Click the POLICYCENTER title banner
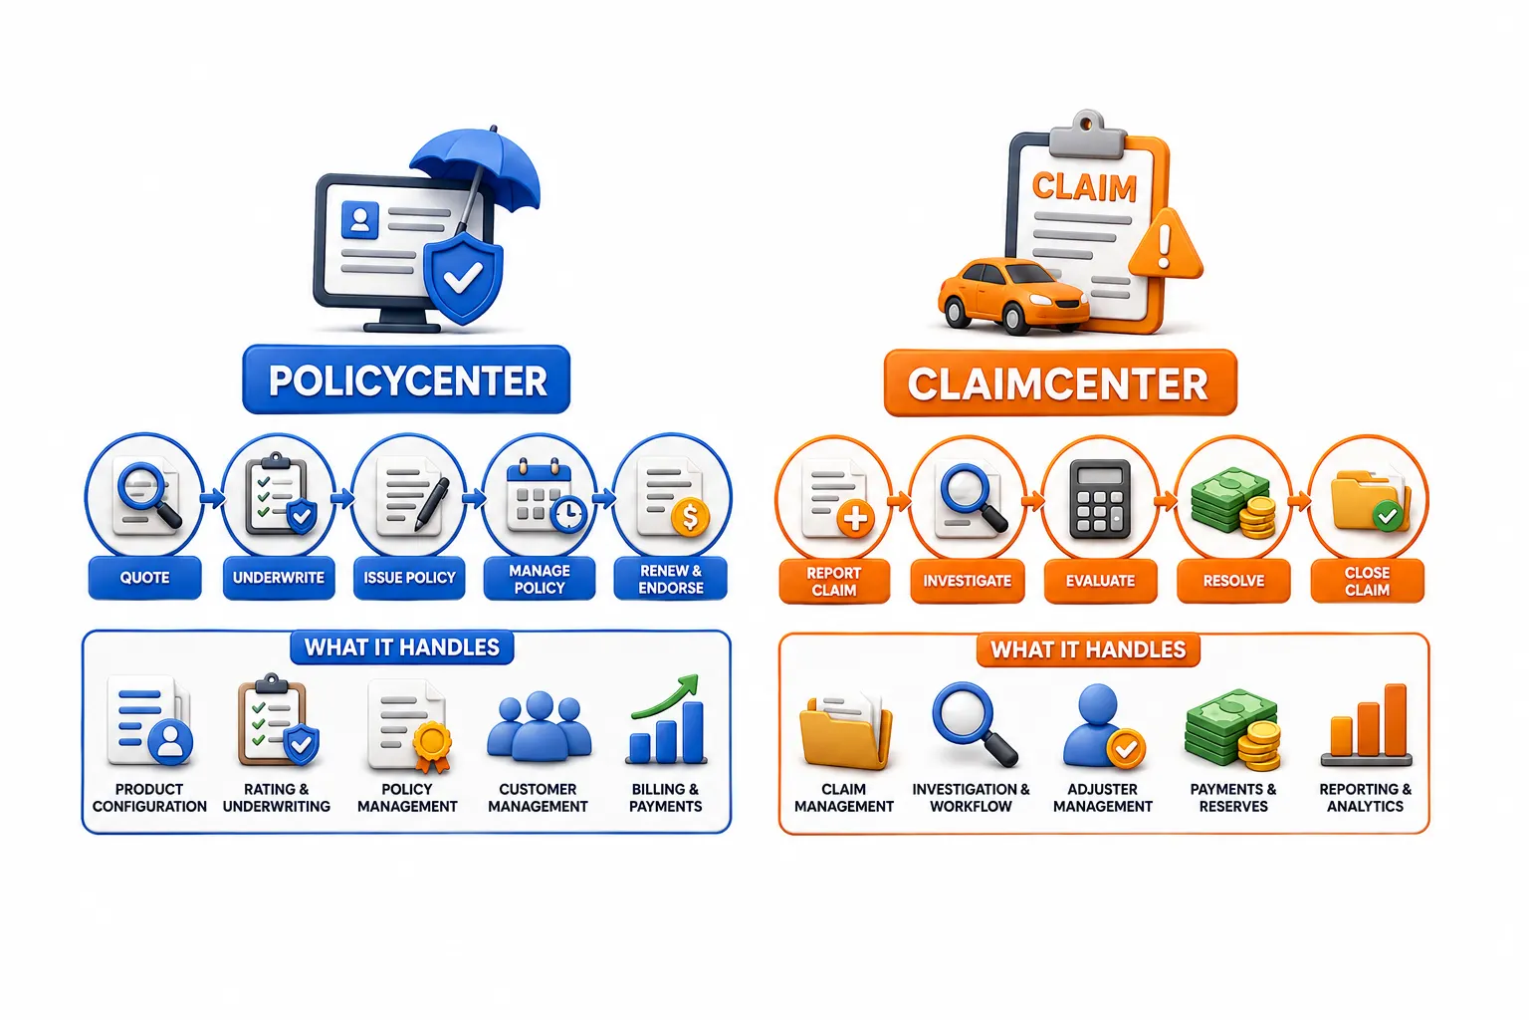coord(406,380)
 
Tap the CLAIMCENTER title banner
coord(1060,383)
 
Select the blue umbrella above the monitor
coord(478,170)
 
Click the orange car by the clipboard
coord(1012,295)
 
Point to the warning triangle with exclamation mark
coord(1166,246)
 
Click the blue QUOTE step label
coord(144,578)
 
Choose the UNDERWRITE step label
coord(279,578)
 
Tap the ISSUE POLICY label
coord(409,578)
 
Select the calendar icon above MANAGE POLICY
coord(546,497)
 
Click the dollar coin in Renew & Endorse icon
coord(690,517)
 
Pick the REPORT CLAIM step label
coord(834,582)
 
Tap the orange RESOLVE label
coord(1233,582)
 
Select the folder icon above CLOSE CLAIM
coord(1368,501)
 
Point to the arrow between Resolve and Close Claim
coord(1300,502)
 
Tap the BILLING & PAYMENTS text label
coord(666,798)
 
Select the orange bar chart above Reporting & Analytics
coord(1367,725)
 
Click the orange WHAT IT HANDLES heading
coord(1088,649)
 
